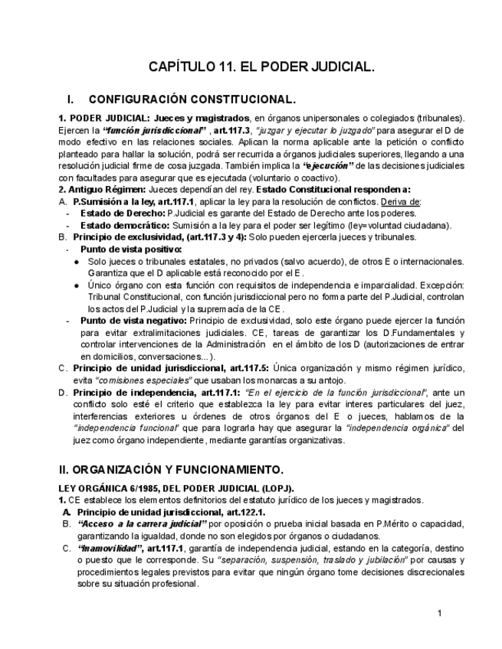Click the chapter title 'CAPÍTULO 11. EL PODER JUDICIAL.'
pos(261,67)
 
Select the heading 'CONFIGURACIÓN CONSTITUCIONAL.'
pos(192,100)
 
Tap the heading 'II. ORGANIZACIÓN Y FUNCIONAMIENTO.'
pos(171,468)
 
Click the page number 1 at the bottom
pos(439,613)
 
